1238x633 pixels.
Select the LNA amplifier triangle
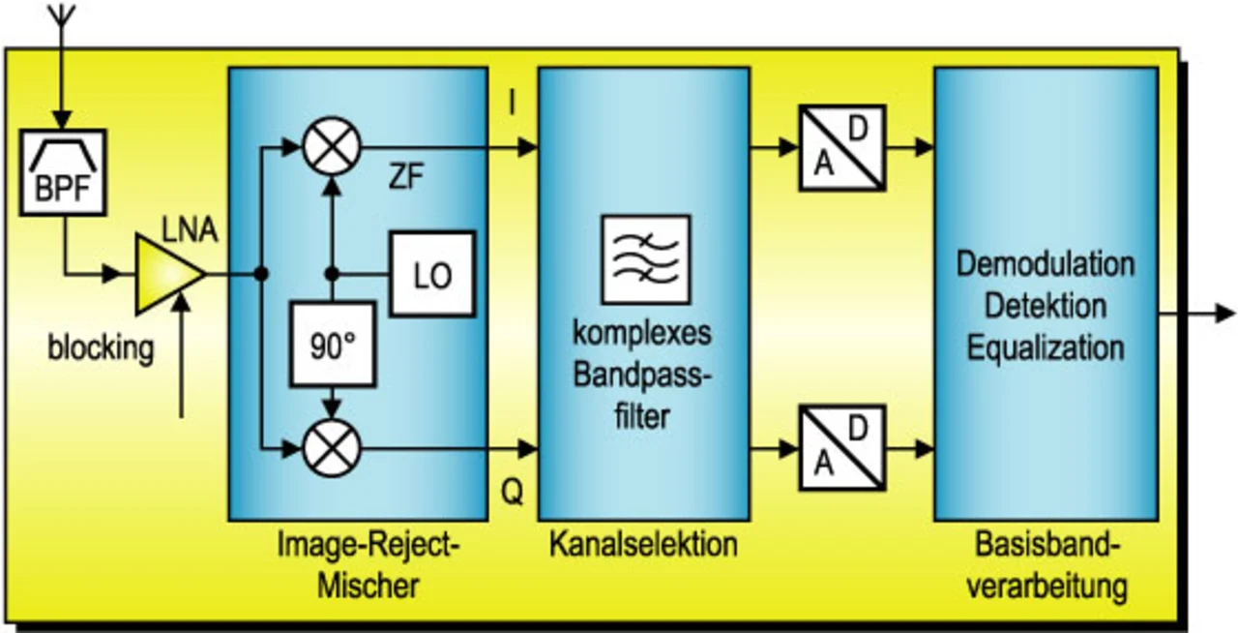(x=166, y=276)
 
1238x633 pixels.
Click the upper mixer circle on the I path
(x=332, y=147)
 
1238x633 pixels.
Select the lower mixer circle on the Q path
(x=332, y=448)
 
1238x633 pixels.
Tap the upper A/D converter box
(x=841, y=147)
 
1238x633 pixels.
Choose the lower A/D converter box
(x=841, y=448)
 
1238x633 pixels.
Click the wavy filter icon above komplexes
(x=645, y=258)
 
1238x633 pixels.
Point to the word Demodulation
(x=1045, y=264)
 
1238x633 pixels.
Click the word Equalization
(x=1045, y=347)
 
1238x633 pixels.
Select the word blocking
(x=101, y=347)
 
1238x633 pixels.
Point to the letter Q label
(x=512, y=495)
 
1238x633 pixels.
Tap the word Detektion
(x=1045, y=306)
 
